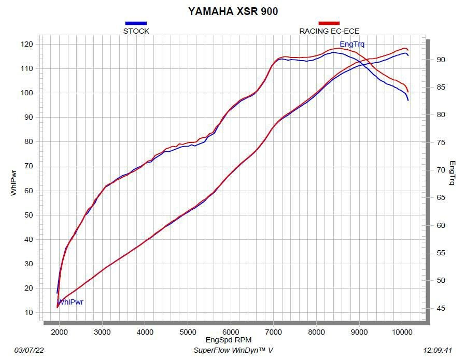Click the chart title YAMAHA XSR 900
pyautogui.click(x=233, y=10)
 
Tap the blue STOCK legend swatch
pyautogui.click(x=136, y=23)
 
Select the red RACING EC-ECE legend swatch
pyautogui.click(x=329, y=23)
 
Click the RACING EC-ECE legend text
pyautogui.click(x=329, y=31)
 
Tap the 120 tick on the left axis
pyautogui.click(x=27, y=44)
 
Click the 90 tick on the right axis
pyautogui.click(x=440, y=60)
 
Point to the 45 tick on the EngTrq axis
pyautogui.click(x=440, y=309)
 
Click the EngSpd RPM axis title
pyautogui.click(x=229, y=340)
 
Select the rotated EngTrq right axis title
pyautogui.click(x=452, y=173)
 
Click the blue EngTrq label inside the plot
pyautogui.click(x=352, y=44)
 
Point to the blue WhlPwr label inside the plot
pyautogui.click(x=70, y=302)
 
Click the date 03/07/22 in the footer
pyautogui.click(x=29, y=350)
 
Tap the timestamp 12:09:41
pyautogui.click(x=437, y=350)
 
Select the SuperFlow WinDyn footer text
pyautogui.click(x=233, y=350)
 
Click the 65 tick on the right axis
pyautogui.click(x=440, y=197)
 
